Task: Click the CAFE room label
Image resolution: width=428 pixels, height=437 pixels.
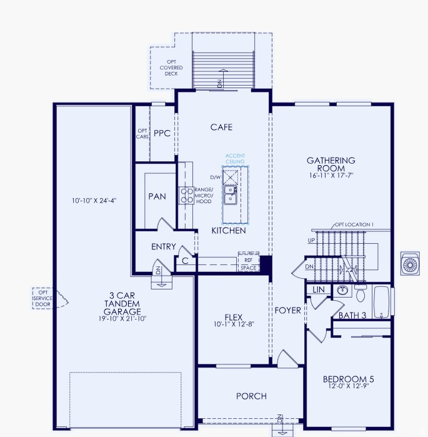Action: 221,127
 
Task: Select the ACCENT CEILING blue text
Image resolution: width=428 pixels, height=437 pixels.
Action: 235,159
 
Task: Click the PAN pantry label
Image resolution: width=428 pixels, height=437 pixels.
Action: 157,196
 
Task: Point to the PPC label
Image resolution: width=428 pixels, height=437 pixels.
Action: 162,133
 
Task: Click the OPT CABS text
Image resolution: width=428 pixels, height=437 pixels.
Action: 142,133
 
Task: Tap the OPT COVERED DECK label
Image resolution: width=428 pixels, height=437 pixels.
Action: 171,68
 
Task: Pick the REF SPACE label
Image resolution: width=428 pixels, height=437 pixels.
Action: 249,264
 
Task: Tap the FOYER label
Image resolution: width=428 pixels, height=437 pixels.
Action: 287,310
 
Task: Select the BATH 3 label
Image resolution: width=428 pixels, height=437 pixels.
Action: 352,315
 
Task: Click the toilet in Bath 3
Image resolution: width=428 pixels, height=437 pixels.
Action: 361,292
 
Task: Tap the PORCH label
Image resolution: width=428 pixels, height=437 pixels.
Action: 251,396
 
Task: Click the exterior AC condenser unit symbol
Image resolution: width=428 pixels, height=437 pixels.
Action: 411,263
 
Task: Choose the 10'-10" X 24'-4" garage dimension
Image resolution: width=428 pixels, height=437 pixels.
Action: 94,201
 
